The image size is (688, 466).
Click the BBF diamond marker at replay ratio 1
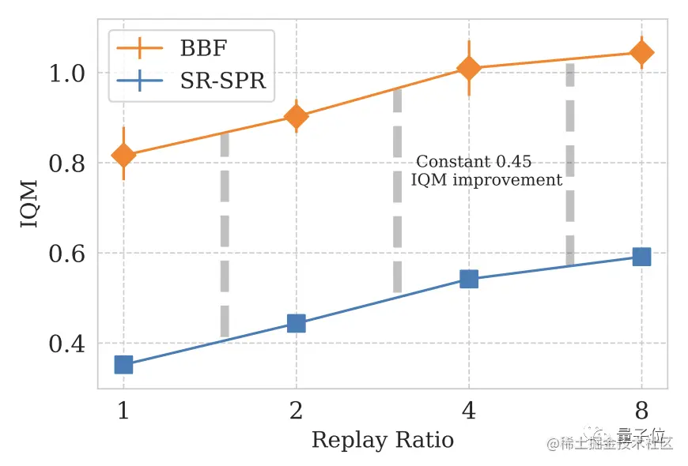[x=123, y=155]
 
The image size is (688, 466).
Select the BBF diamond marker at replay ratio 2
[x=297, y=117]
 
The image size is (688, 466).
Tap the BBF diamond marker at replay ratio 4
[x=469, y=69]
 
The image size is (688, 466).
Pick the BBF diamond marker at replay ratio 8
[x=641, y=53]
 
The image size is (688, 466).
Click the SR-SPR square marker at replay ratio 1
[x=123, y=364]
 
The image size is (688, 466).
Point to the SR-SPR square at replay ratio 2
[x=297, y=323]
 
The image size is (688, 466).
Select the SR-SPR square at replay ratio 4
[x=469, y=279]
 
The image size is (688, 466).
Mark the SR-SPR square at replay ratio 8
[x=641, y=257]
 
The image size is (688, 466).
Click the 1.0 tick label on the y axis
[x=68, y=73]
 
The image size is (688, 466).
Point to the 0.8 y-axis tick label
[x=68, y=163]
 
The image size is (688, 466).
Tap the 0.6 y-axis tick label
[x=68, y=254]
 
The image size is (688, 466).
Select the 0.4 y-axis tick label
[x=68, y=344]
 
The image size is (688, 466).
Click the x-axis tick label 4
[x=469, y=412]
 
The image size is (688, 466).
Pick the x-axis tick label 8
[x=641, y=412]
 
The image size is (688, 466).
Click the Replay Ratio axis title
[x=383, y=440]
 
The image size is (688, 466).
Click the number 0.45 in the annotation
[x=513, y=162]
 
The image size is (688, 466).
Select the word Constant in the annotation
[x=453, y=162]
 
